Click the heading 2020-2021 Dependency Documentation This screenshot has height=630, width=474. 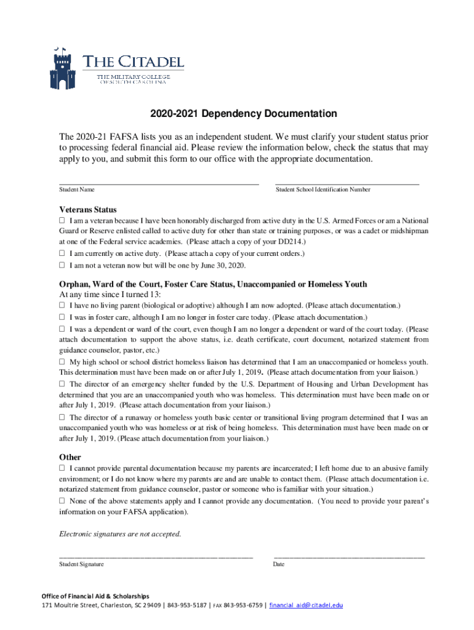pos(244,114)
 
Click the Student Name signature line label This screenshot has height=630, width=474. pos(77,190)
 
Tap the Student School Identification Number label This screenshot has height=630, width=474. pos(323,190)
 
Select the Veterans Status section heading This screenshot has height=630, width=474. pos(87,209)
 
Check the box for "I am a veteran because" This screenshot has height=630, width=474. pos(62,220)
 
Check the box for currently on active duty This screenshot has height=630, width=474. pos(62,253)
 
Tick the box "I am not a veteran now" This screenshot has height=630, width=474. pos(62,265)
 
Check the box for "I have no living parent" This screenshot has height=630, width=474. pos(62,305)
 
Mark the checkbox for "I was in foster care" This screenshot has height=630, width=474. pos(62,317)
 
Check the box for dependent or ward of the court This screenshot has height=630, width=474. pos(62,329)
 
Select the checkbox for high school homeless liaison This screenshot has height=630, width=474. pos(62,362)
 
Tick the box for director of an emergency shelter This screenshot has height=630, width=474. pos(62,383)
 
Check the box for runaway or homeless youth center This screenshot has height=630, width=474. pos(62,418)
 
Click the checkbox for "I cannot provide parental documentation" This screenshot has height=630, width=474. pos(62,469)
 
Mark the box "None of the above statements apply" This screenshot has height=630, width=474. pos(62,501)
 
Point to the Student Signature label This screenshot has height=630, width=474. pos(81,564)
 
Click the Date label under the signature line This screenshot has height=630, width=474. pos(278,564)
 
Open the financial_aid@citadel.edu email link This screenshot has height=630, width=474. pos(306,605)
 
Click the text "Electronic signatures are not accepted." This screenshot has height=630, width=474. pos(120,533)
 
